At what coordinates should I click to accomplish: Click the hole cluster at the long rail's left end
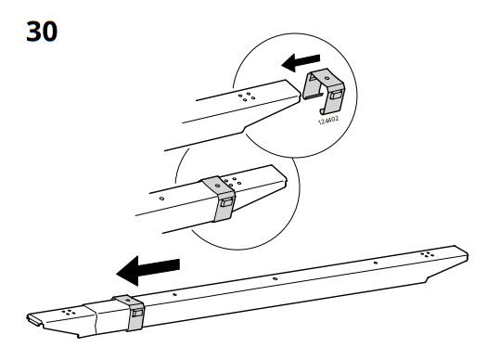pyautogui.click(x=68, y=313)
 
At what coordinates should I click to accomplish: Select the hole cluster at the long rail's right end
pyautogui.click(x=426, y=254)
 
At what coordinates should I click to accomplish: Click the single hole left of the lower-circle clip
pyautogui.click(x=162, y=198)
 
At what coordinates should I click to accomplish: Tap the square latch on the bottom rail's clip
pyautogui.click(x=136, y=316)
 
